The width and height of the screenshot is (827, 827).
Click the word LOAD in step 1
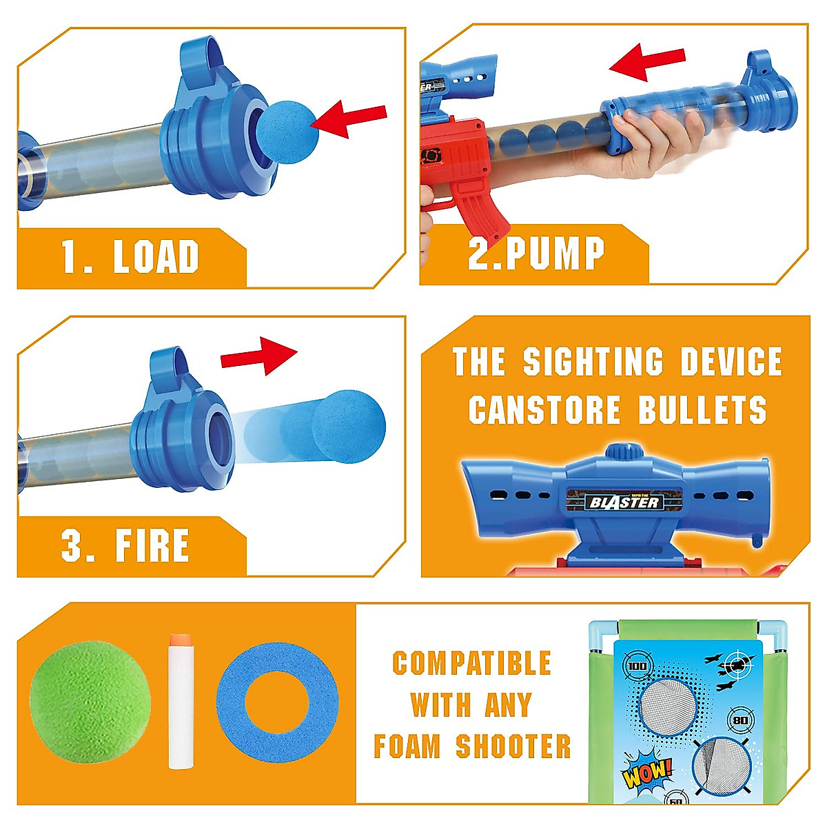[156, 256]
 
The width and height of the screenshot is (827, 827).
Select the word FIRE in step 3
[152, 546]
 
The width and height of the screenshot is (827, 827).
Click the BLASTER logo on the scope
[624, 501]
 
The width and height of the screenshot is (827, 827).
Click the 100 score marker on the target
[637, 666]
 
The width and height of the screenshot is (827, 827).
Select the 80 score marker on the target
[740, 720]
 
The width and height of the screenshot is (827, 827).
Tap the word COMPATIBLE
[471, 663]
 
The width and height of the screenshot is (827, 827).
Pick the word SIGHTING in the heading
[593, 362]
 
